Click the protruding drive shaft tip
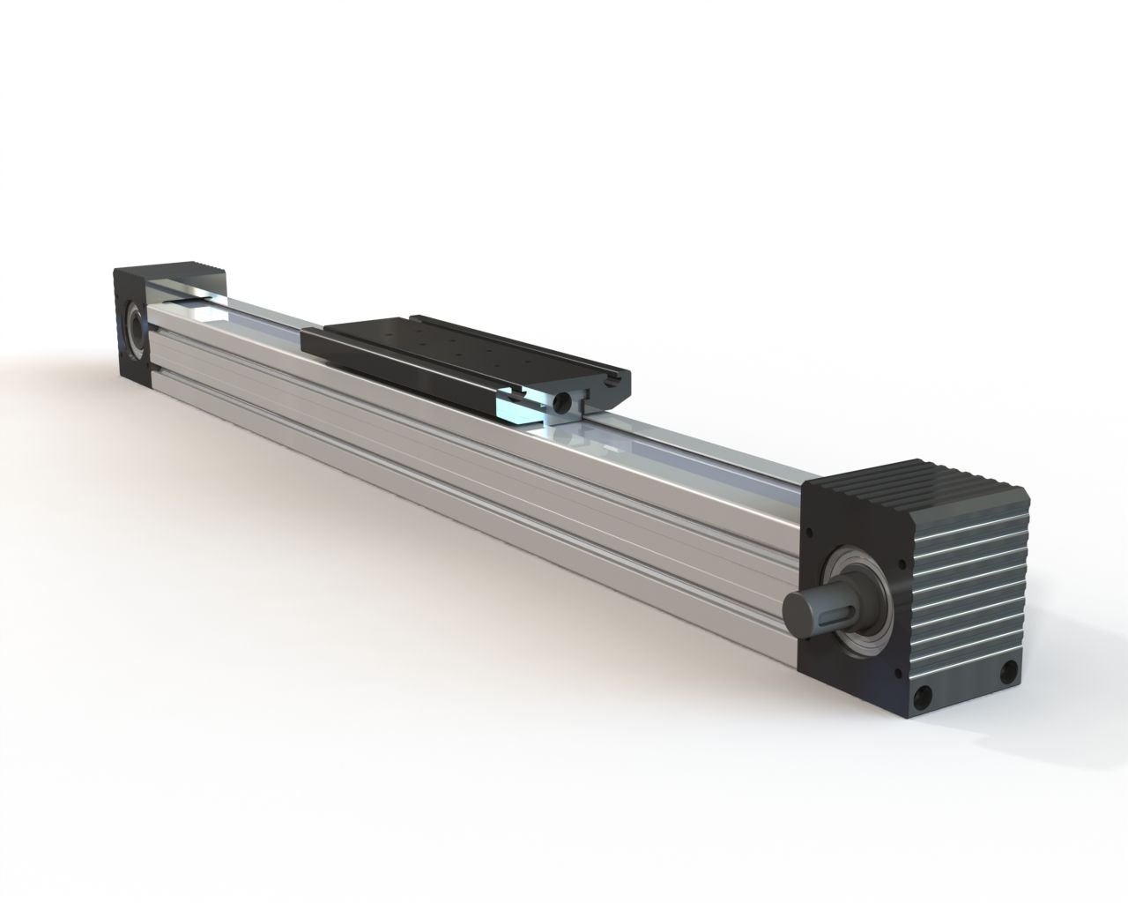pyautogui.click(x=798, y=609)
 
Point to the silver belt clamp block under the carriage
pyautogui.click(x=520, y=407)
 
